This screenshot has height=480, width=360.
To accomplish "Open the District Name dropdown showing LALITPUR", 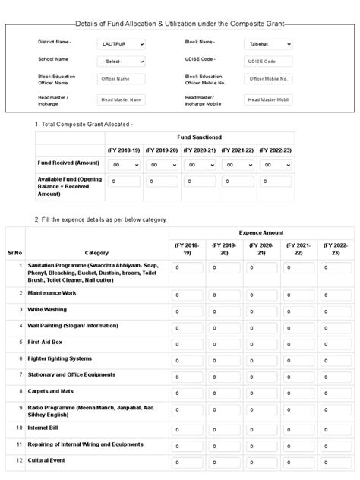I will (122, 44).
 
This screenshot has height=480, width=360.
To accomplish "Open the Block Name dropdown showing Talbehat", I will (267, 44).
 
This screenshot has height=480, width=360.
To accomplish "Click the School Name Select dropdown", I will (122, 61).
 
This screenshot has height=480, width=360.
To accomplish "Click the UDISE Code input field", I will (267, 61).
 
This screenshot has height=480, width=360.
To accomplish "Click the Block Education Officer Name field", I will (122, 79).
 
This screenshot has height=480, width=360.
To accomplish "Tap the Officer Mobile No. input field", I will (267, 79).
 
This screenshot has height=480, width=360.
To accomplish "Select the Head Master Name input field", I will (122, 99).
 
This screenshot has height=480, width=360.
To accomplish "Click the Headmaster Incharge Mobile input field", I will (267, 99).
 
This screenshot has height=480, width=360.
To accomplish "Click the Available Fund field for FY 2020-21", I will (200, 182).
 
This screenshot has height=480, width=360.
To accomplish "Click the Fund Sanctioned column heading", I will (200, 137).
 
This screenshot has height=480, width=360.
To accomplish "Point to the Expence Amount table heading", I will (261, 233).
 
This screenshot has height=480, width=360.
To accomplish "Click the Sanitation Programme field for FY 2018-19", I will (187, 268).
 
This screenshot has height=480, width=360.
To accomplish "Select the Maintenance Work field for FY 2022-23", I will (336, 295).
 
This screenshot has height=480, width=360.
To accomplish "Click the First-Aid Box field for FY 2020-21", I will (261, 344).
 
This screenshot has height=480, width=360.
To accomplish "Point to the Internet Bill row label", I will (46, 428).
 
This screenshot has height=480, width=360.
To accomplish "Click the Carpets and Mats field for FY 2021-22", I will (298, 393).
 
